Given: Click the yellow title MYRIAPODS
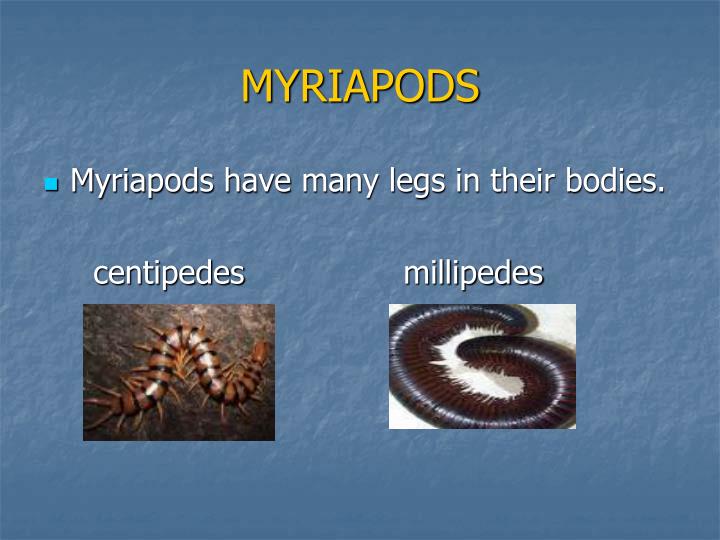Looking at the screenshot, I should [x=360, y=87].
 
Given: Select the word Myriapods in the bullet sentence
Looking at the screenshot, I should [x=143, y=183].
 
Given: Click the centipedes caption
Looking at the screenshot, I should [x=169, y=273].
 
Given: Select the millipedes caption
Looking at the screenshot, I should [x=473, y=273].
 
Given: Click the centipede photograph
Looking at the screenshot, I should [x=178, y=372].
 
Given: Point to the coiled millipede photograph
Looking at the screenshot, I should [x=482, y=366].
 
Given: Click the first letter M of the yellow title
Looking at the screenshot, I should [x=257, y=87].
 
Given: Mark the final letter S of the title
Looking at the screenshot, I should [x=468, y=87].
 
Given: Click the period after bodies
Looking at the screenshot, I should [x=661, y=191].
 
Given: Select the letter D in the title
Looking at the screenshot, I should [x=441, y=87].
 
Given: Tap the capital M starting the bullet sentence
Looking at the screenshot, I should [x=83, y=183].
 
